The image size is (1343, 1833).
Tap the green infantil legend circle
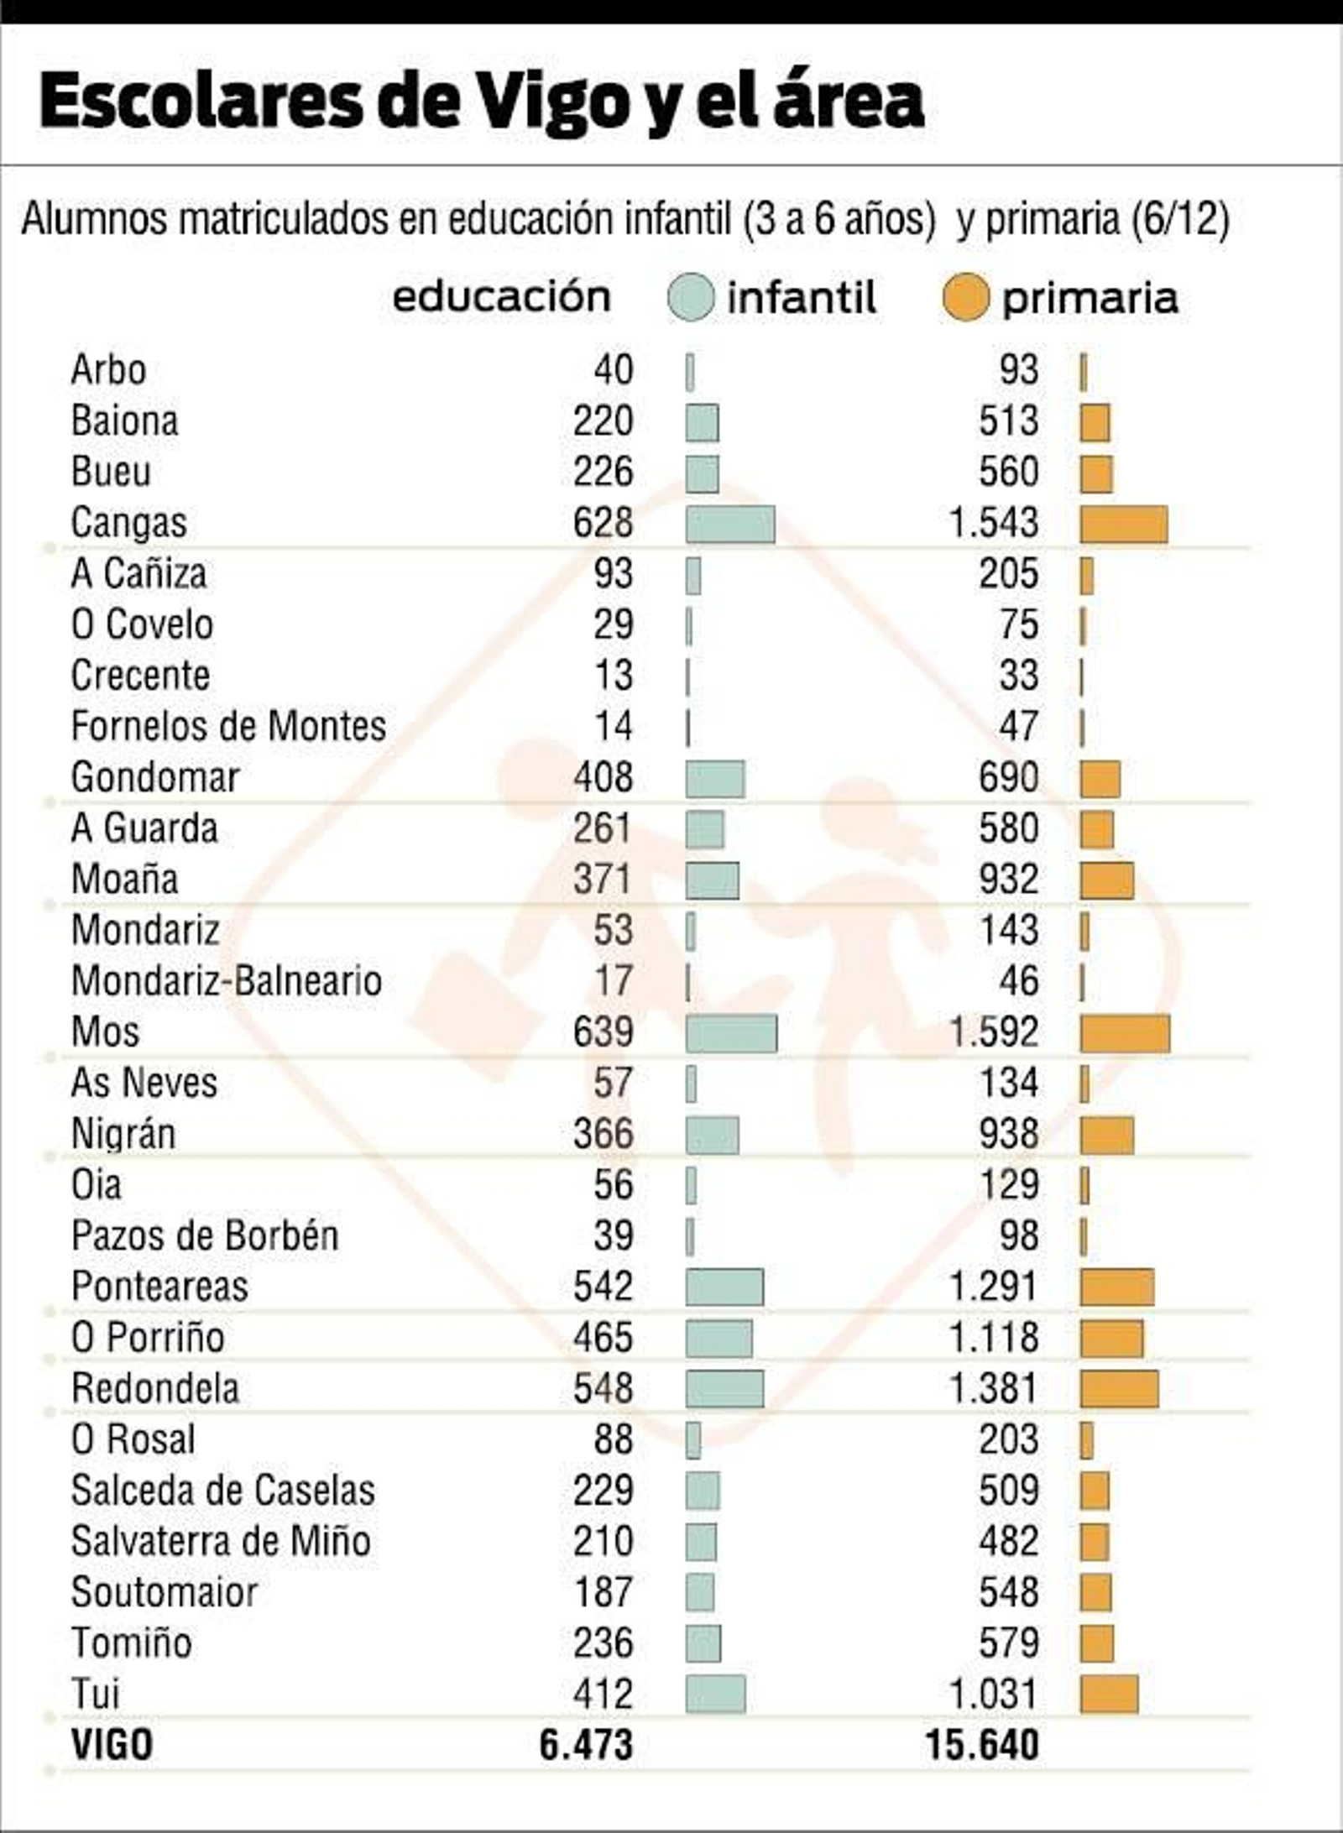pyautogui.click(x=691, y=298)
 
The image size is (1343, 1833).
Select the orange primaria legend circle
pyautogui.click(x=965, y=298)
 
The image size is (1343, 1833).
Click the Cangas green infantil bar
pyautogui.click(x=729, y=525)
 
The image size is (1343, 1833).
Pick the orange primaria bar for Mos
pyautogui.click(x=1124, y=1033)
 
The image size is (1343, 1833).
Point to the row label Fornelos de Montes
pyautogui.click(x=228, y=727)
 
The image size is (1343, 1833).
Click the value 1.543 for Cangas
pyautogui.click(x=993, y=523)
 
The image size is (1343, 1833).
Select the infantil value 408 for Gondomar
pyautogui.click(x=603, y=778)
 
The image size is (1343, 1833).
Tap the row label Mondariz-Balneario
pyautogui.click(x=227, y=981)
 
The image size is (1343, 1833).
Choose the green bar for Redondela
pyautogui.click(x=724, y=1389)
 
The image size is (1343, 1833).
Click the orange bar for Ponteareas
pyautogui.click(x=1116, y=1287)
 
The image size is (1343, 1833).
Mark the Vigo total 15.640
pyautogui.click(x=982, y=1745)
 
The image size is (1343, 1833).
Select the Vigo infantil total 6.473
pyautogui.click(x=585, y=1745)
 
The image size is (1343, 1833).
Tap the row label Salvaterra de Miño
pyautogui.click(x=221, y=1542)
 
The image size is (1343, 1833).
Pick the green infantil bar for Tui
pyautogui.click(x=715, y=1694)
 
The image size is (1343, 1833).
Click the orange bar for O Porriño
pyautogui.click(x=1111, y=1339)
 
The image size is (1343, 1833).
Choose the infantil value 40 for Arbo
pyautogui.click(x=614, y=370)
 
